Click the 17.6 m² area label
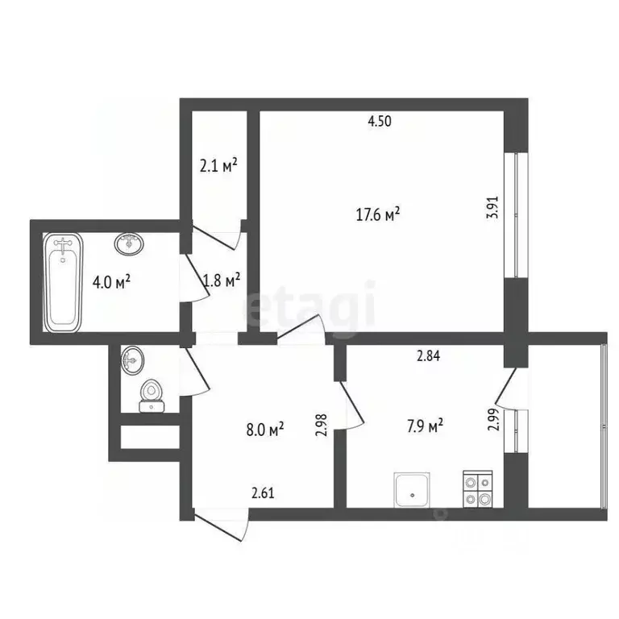point(378,214)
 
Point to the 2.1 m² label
point(218,167)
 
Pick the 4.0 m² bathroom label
point(111,282)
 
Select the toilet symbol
point(150,395)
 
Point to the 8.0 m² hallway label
point(268,430)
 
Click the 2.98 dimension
point(321,425)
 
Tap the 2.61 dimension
point(264,493)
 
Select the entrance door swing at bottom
point(222,528)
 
